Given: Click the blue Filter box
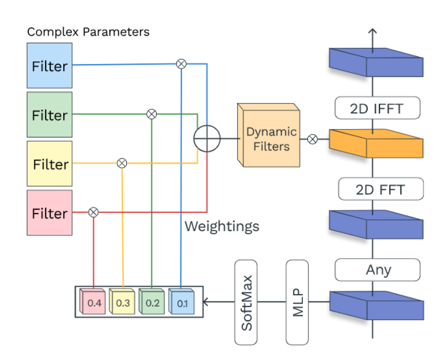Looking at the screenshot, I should (x=50, y=66).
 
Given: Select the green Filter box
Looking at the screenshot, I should (x=50, y=115).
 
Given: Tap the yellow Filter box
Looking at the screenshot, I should (x=50, y=164).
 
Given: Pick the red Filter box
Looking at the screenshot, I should (x=50, y=213).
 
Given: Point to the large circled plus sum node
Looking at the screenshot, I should (x=206, y=139).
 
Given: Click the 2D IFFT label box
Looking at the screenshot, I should (x=377, y=108).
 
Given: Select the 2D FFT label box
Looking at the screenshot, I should (x=380, y=189).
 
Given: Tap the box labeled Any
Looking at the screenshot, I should (x=378, y=270).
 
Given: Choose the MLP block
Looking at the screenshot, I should (x=298, y=302).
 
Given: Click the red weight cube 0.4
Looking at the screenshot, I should (x=93, y=303).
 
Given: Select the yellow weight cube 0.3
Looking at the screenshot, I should (x=122, y=303).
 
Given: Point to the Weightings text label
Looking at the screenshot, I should (x=222, y=226).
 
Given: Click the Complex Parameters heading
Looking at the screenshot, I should (x=89, y=32).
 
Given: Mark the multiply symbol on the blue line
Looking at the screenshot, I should (x=181, y=64).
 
